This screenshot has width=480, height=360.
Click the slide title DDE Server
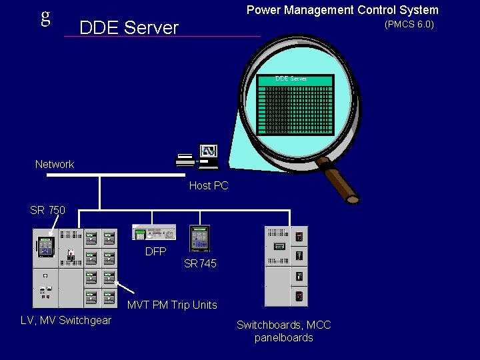pos(129,27)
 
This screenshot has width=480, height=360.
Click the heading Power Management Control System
pos(342,10)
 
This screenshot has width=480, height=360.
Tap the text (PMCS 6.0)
pos(409,25)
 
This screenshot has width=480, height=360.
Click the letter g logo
pos(45,17)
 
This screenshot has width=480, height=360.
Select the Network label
pos(55,164)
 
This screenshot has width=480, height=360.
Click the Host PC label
pos(208,185)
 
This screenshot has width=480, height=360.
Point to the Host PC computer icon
pos(198,155)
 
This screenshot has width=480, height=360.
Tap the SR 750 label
pos(47,210)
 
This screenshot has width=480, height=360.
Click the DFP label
pos(155,251)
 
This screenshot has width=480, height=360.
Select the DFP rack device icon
pos(154,232)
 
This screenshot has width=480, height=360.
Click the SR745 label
pos(200,263)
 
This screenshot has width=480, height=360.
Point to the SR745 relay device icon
pos(199,239)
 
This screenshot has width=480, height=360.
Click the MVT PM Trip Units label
pos(172,305)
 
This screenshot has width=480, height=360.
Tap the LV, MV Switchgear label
pos(66,321)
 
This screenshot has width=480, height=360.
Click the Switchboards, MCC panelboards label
pos(283,331)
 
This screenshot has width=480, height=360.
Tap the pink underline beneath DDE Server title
pos(162,37)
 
